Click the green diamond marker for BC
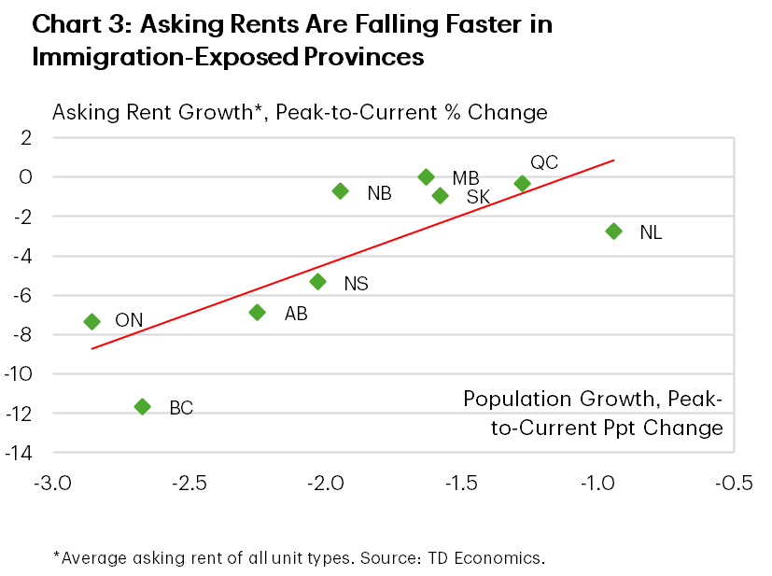pyautogui.click(x=143, y=406)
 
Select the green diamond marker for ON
pyautogui.click(x=91, y=321)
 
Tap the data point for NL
pyautogui.click(x=613, y=231)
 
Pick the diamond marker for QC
pyautogui.click(x=523, y=183)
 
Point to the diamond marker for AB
pyautogui.click(x=258, y=312)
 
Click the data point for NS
pyautogui.click(x=317, y=281)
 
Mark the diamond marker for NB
pyautogui.click(x=341, y=190)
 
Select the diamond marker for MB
pyautogui.click(x=427, y=176)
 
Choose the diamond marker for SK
pyautogui.click(x=440, y=195)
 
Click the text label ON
pyautogui.click(x=129, y=321)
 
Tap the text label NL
pyautogui.click(x=651, y=232)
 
